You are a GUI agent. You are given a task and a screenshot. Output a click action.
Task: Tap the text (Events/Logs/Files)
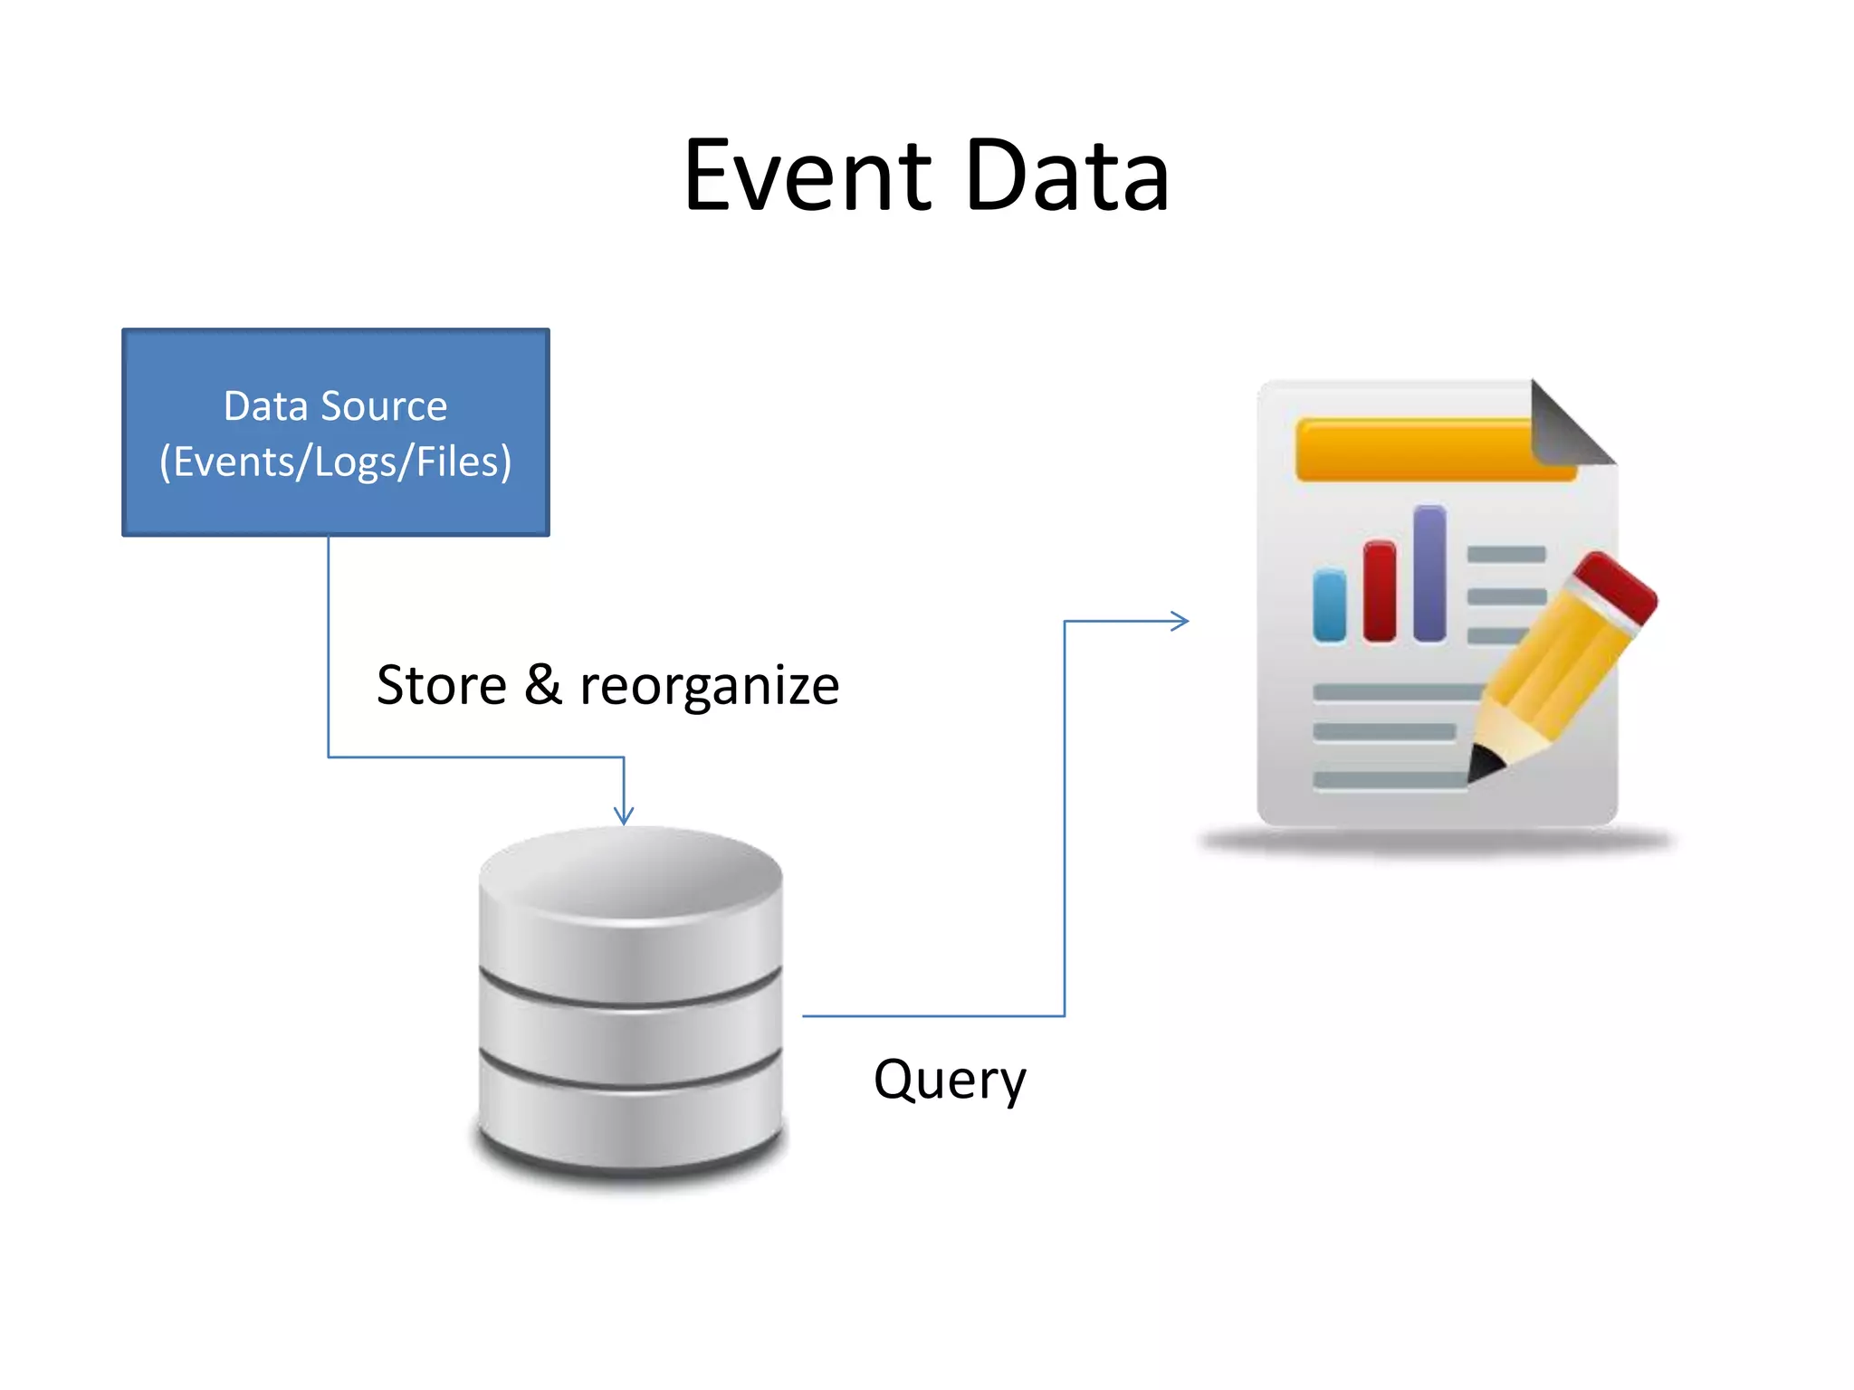(336, 462)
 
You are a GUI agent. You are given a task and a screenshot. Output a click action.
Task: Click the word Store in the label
(441, 685)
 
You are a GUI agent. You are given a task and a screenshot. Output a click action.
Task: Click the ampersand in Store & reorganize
(542, 685)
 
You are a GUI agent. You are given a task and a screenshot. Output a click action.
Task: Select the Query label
(950, 1080)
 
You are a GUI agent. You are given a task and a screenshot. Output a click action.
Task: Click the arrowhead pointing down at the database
(624, 815)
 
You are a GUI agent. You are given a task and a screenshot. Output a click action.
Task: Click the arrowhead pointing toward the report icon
(1180, 621)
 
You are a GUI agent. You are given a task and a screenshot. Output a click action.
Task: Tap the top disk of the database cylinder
(631, 905)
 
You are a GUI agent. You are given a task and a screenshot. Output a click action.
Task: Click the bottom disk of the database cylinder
(631, 1122)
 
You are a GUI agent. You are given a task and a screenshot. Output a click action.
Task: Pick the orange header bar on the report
(1412, 450)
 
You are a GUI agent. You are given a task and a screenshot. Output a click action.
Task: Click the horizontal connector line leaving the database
(932, 1016)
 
